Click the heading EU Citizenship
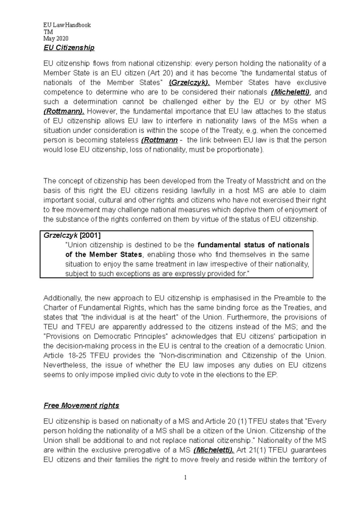69,48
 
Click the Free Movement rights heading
81,406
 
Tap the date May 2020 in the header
56,38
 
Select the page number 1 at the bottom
185,477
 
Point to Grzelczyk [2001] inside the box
72,235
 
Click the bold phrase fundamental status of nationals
253,245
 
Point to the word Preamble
289,298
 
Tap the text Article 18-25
65,356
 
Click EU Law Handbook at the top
67,25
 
